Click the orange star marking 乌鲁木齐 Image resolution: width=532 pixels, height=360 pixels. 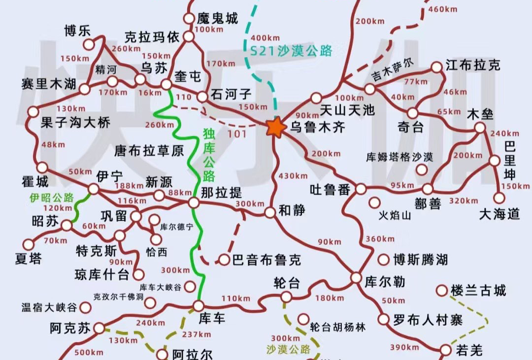point(276,127)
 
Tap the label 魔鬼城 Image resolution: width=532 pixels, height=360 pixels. point(217,19)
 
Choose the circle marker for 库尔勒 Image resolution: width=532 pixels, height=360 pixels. point(356,278)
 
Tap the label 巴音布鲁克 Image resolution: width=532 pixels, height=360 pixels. point(266,260)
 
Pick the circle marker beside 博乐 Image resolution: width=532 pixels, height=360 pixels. point(89,44)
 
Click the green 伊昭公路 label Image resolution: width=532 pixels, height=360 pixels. point(51,198)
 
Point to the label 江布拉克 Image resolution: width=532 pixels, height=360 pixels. point(473,65)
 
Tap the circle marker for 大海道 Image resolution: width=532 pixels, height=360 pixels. point(499,198)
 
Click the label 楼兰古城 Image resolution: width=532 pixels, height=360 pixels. point(478,290)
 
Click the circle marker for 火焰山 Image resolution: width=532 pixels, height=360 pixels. point(375,202)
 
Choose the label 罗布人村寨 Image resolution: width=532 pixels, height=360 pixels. point(428,320)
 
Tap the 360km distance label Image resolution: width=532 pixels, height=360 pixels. point(380,239)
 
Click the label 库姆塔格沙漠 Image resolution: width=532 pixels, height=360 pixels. point(399,158)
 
